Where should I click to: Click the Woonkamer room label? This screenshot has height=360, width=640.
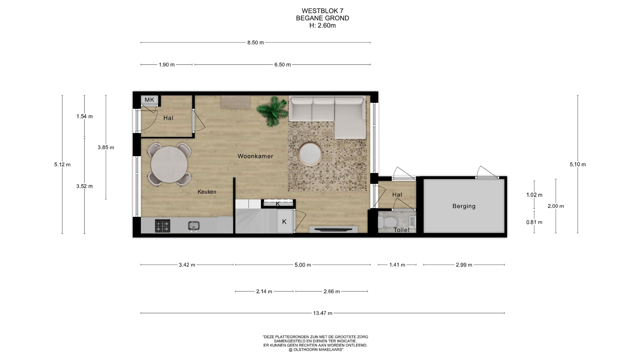pos(255,156)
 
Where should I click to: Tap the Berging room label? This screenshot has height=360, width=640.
pos(464,206)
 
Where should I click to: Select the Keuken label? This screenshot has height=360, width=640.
pos(207,192)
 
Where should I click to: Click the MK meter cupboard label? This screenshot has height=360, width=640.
pos(149,100)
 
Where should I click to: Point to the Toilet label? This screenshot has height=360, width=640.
pos(402,230)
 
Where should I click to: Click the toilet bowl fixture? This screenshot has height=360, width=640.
pos(387,222)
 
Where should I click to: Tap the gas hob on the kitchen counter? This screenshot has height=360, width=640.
pos(163,226)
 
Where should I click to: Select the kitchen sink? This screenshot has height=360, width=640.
pos(194,226)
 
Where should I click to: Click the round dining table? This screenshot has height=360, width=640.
pos(169,165)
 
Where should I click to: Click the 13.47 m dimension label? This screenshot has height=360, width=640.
pos(323,313)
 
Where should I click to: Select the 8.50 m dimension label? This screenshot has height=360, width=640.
pos(256,43)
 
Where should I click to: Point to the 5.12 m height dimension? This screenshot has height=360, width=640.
pos(62,164)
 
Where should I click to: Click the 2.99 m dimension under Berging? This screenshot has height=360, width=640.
pos(464,265)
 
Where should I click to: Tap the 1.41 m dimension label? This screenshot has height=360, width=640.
pos(397,265)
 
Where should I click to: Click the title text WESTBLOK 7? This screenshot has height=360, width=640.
pos(322,11)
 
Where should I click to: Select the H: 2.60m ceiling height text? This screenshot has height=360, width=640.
pos(322,26)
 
